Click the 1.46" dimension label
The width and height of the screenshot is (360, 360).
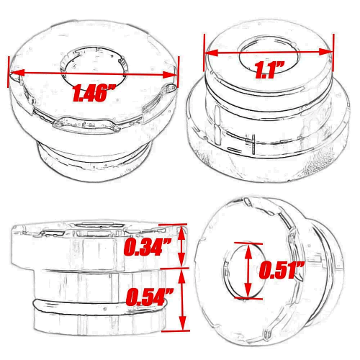coord(94,92)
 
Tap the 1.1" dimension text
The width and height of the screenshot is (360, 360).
coord(269,71)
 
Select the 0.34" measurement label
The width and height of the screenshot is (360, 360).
coord(148,248)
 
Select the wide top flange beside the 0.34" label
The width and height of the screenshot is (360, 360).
coord(65,248)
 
